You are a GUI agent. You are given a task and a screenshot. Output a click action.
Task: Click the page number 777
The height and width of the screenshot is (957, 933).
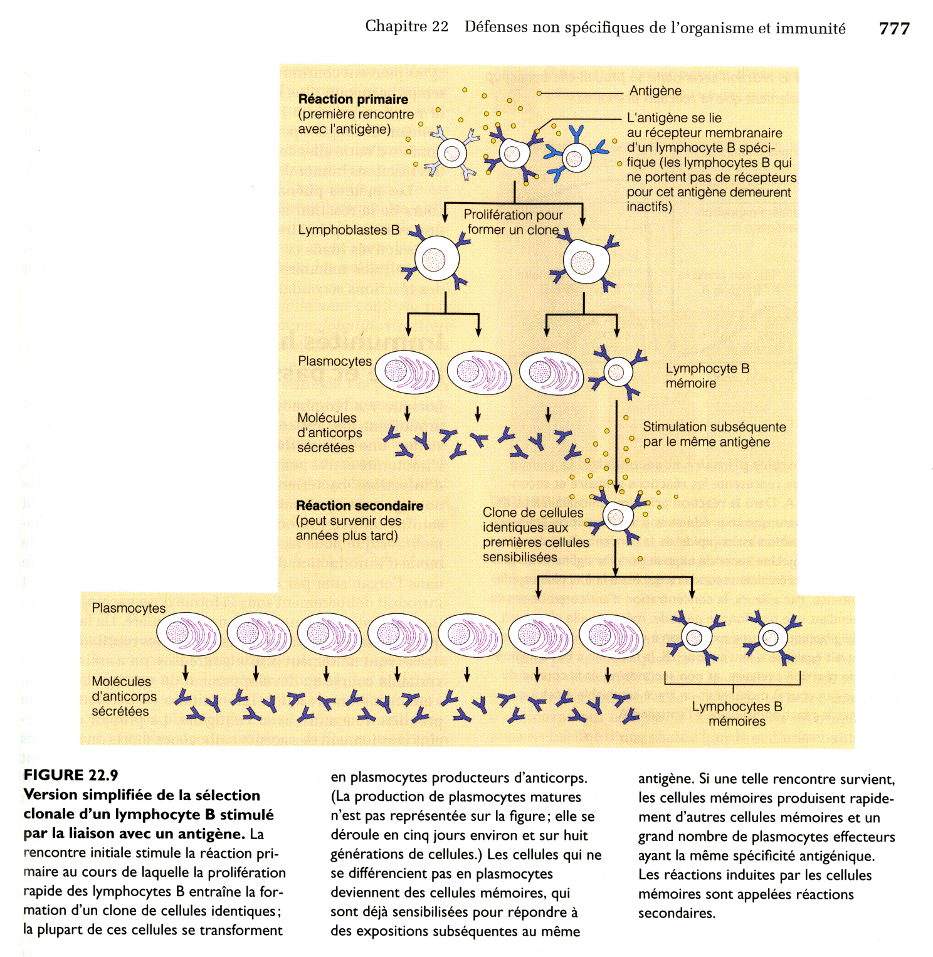tap(893, 28)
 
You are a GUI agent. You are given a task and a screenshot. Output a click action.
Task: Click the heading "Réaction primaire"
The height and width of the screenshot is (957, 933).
tap(353, 99)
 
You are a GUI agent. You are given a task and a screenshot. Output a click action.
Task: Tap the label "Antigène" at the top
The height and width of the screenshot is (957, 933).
tap(655, 91)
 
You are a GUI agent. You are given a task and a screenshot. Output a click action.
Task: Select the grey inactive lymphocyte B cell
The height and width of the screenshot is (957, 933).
tap(451, 153)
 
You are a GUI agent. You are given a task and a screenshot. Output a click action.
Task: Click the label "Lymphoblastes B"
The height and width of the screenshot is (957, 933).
tap(349, 230)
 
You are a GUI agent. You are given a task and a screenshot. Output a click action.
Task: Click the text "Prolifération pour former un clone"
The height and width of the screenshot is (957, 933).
tap(513, 222)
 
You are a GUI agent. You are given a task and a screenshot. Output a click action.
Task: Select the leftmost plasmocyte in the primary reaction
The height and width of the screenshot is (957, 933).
tap(407, 373)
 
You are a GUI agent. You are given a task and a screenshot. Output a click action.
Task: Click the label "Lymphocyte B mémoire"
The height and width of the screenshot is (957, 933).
tap(707, 376)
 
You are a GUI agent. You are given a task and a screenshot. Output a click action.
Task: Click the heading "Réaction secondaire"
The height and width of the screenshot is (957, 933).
tap(359, 505)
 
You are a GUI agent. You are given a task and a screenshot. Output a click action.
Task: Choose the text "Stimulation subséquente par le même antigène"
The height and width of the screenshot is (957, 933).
tap(714, 434)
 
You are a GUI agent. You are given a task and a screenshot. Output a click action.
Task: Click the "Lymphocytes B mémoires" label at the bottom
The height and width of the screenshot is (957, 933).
tap(737, 714)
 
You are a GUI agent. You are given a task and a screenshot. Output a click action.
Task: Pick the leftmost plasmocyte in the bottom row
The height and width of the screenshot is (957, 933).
tap(188, 635)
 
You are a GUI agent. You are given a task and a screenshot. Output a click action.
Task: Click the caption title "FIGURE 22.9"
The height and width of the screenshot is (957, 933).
tap(71, 775)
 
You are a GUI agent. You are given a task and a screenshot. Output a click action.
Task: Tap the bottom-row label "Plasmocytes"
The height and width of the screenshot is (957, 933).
tap(129, 608)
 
